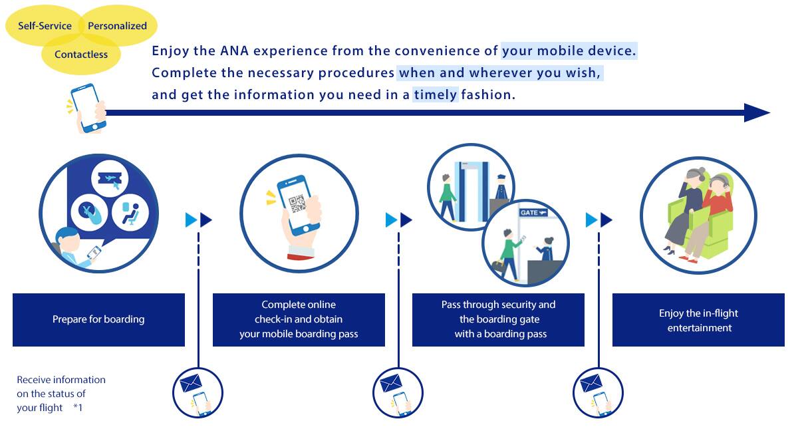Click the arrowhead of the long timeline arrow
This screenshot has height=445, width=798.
click(x=756, y=112)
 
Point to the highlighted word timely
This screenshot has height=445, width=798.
click(x=436, y=94)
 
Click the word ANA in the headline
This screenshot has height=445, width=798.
click(x=234, y=51)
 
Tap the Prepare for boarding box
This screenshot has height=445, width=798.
click(x=98, y=319)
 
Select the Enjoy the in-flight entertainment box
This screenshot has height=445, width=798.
click(x=698, y=319)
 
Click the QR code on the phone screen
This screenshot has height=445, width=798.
click(x=297, y=204)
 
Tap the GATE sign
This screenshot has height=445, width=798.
click(x=533, y=213)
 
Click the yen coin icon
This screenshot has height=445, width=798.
click(x=89, y=212)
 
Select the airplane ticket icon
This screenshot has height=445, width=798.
click(x=110, y=178)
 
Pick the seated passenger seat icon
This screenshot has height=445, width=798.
click(x=130, y=212)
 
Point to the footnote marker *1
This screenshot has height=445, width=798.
click(x=78, y=408)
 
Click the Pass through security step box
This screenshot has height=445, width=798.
click(x=498, y=319)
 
